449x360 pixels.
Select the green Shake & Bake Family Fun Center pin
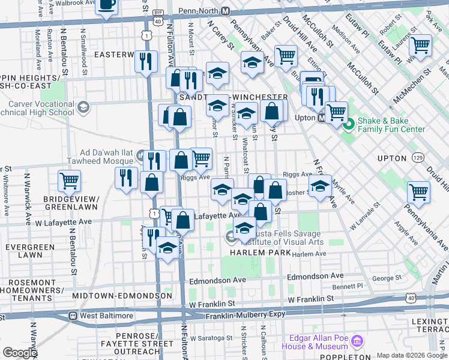click(349, 125)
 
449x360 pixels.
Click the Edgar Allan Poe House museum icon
click(358, 341)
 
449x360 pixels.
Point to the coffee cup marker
click(107, 5)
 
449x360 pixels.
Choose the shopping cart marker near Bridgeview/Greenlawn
click(70, 179)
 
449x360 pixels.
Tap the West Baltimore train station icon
click(73, 316)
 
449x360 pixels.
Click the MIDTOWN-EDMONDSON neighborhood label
click(122, 296)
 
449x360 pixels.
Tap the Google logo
click(20, 353)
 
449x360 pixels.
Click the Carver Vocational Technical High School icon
click(83, 107)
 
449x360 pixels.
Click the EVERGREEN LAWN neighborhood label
click(26, 251)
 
